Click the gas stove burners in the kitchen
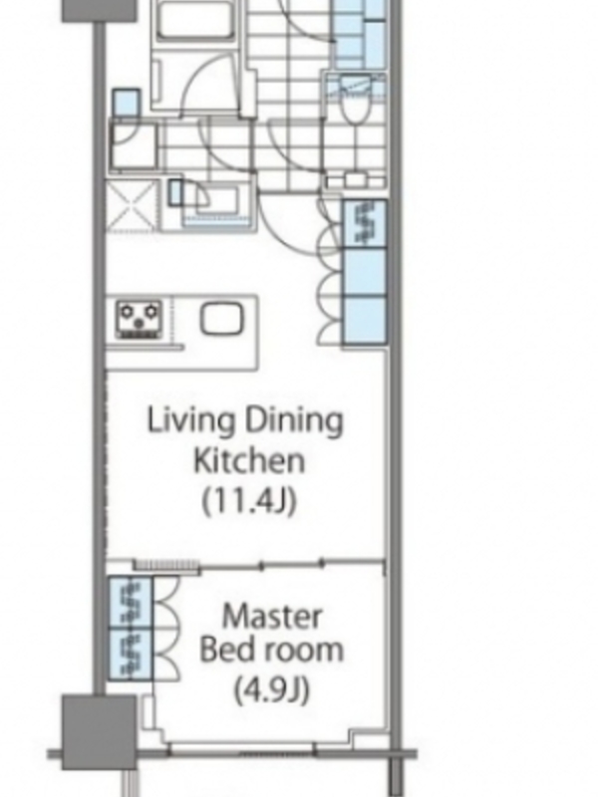tap(139, 320)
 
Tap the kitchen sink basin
tap(221, 320)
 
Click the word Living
tap(191, 421)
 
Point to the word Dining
tap(294, 421)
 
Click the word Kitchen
tap(249, 460)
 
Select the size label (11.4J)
tap(248, 501)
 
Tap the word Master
tap(272, 617)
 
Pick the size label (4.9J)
tap(271, 689)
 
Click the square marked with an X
tap(131, 206)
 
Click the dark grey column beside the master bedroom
tap(99, 731)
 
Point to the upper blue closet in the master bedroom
tap(131, 603)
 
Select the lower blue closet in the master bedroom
tap(131, 654)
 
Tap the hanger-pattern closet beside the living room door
tap(364, 223)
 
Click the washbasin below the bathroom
tap(217, 202)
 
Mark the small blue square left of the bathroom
tap(127, 103)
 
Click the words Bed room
tap(271, 651)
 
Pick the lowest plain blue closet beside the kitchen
tap(364, 320)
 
